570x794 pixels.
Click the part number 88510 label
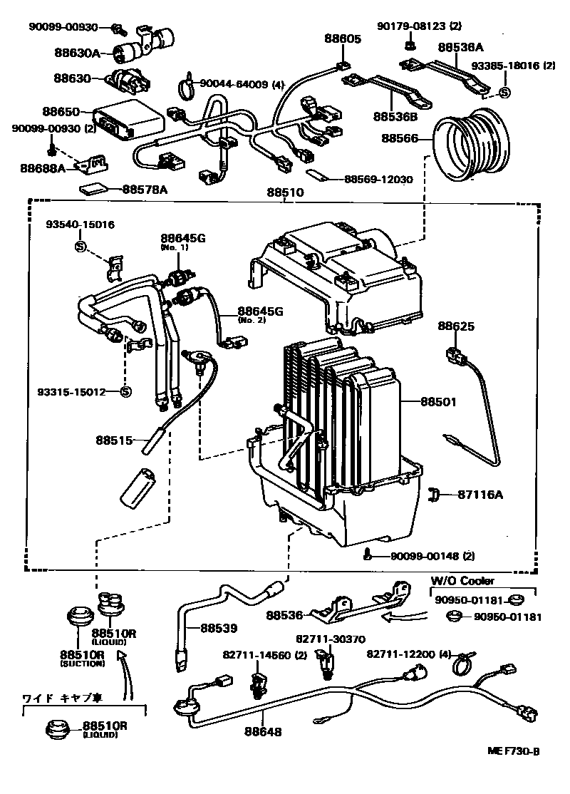point(285,192)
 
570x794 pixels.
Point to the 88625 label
point(456,326)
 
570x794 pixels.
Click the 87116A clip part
point(435,493)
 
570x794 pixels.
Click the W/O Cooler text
point(462,581)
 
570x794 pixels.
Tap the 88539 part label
point(219,628)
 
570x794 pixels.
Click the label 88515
point(115,440)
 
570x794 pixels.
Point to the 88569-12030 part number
point(378,180)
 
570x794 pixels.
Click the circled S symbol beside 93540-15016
point(81,247)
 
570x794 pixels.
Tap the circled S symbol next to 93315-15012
point(125,391)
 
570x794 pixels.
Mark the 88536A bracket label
point(460,47)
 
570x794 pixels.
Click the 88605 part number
point(344,38)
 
